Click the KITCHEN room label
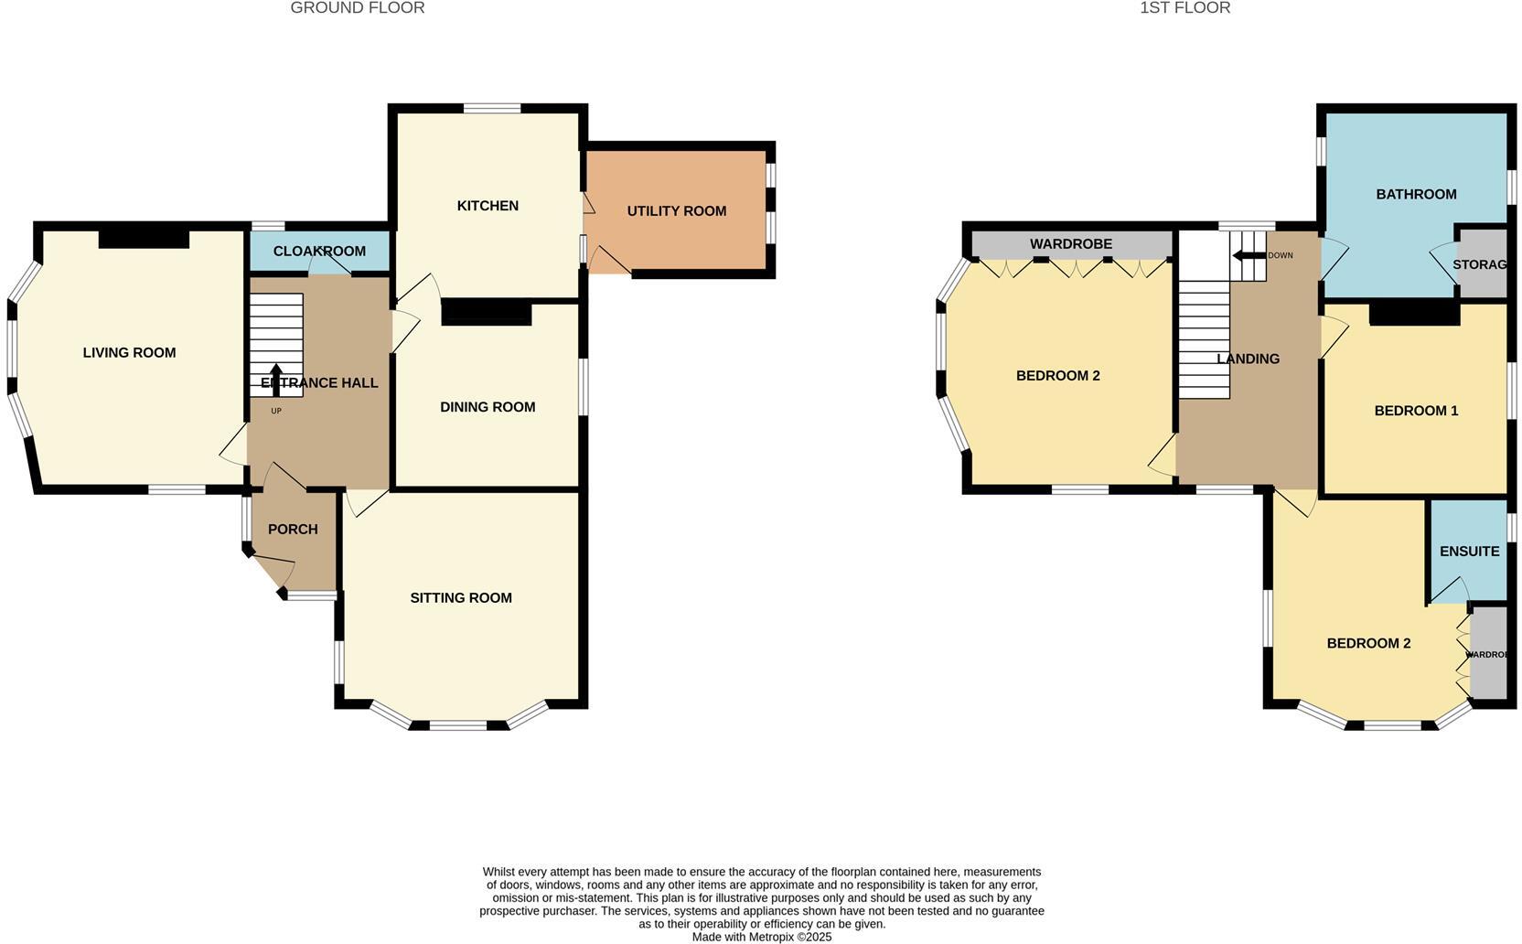click(488, 206)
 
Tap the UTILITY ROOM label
click(676, 211)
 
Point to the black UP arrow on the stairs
click(275, 378)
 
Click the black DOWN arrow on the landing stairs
click(1246, 256)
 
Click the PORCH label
click(293, 530)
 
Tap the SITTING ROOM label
click(461, 598)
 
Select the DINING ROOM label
click(488, 407)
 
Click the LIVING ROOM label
click(129, 353)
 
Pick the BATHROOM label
click(1416, 195)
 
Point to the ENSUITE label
click(1469, 552)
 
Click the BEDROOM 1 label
click(1416, 411)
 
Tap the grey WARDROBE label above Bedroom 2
click(1070, 244)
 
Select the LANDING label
click(1248, 359)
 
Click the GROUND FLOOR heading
click(357, 8)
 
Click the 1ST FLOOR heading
click(1184, 8)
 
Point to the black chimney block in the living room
click(144, 240)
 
